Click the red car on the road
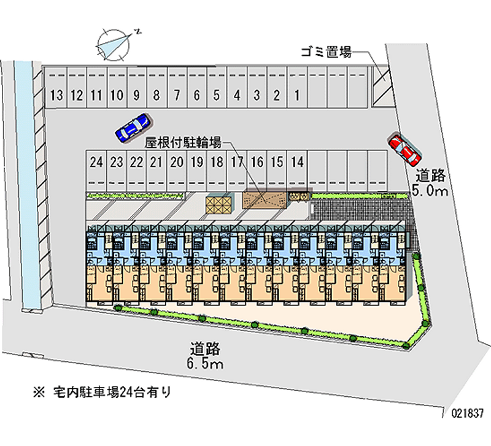pos(404,150)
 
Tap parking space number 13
pos(56,88)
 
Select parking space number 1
pos(297,88)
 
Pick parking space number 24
pos(96,171)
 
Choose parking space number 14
pos(297,171)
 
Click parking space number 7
pos(177,88)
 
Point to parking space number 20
pos(177,171)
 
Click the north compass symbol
pos(114,45)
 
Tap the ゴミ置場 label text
pos(326,52)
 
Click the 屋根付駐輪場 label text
pos(183,143)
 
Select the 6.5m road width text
pos(205,364)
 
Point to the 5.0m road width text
pos(430,190)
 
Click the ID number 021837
pos(467,413)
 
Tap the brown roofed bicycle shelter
pos(265,200)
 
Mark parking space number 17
pos(237,171)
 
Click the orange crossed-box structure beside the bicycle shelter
pos(219,205)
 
